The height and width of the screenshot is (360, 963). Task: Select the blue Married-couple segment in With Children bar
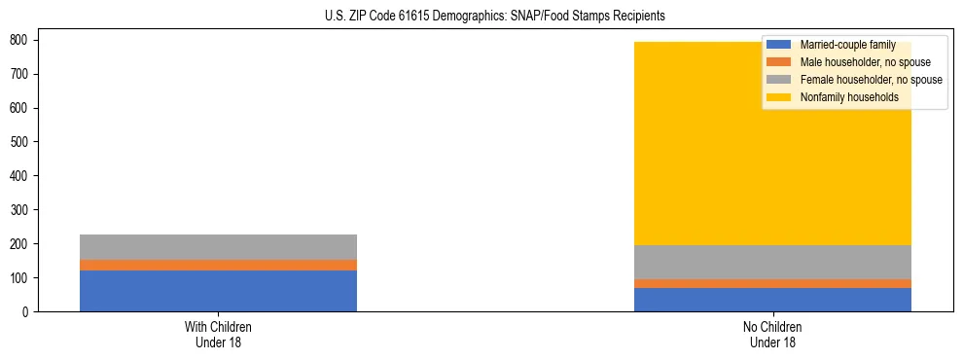point(218,290)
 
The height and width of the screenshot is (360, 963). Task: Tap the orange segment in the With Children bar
point(218,265)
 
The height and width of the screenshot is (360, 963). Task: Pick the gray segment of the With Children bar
point(218,247)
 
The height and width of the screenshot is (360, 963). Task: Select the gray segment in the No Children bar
point(772,262)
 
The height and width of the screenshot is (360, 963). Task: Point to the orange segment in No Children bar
point(772,283)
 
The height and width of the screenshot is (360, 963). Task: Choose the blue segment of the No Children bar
point(772,300)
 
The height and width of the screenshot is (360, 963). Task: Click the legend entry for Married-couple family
point(847,45)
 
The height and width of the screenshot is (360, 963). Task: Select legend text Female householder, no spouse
point(871,80)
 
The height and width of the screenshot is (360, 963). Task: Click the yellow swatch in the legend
point(779,97)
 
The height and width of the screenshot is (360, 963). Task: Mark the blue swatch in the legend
point(779,45)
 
